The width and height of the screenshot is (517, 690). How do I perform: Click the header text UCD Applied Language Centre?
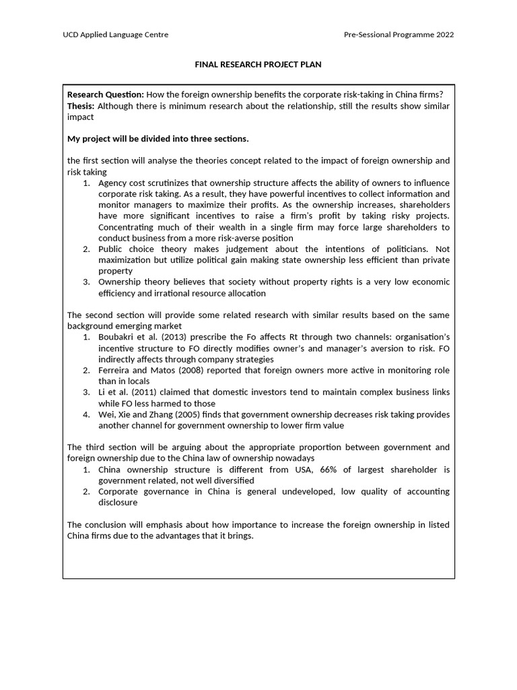116,34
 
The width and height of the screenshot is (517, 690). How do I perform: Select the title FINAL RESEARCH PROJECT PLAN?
258,65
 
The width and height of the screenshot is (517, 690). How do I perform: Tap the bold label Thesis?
81,106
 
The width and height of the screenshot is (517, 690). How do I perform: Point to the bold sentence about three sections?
158,139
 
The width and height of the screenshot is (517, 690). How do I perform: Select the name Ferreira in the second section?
115,371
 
